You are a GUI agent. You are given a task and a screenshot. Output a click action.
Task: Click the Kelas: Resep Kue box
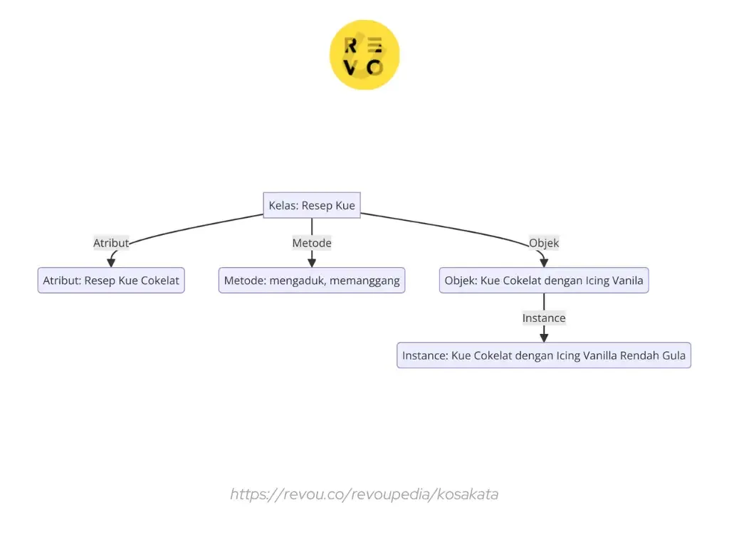[x=311, y=206]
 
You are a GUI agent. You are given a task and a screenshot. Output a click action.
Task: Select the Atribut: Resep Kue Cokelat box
[x=111, y=281]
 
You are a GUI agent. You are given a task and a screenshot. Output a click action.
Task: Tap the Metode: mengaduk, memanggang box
[x=311, y=281]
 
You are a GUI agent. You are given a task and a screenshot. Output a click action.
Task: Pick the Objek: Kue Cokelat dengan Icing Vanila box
[x=544, y=281]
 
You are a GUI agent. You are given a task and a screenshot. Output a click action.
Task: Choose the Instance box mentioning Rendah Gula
[x=544, y=355]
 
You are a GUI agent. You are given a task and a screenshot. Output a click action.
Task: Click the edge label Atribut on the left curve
[x=111, y=243]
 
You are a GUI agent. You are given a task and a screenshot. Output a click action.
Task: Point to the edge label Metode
[x=311, y=243]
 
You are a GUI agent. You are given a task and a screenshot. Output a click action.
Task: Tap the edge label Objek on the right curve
[x=544, y=243]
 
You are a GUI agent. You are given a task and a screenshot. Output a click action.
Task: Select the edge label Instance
[x=544, y=318]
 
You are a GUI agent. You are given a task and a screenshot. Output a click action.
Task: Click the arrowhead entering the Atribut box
[x=111, y=263]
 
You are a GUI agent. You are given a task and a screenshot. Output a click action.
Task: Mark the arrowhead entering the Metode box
[x=311, y=263]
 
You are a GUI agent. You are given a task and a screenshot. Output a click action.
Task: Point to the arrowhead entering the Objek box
[x=544, y=263]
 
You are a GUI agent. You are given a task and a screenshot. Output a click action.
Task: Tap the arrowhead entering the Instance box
[x=544, y=338]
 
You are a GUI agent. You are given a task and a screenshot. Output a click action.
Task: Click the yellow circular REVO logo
[x=364, y=56]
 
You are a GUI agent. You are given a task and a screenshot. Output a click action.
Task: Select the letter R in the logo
[x=351, y=46]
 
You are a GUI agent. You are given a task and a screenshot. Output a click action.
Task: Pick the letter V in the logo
[x=351, y=68]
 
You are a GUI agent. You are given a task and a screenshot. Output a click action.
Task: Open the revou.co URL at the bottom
[x=364, y=494]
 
